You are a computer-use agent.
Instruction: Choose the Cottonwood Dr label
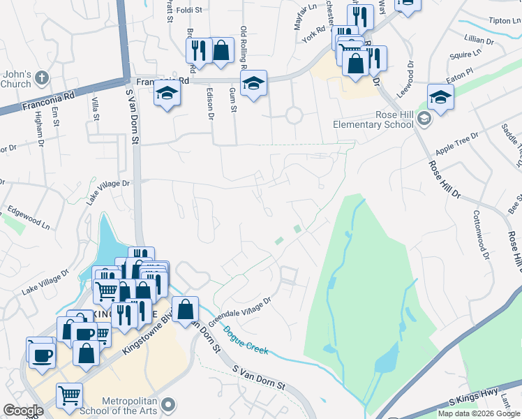pyautogui.click(x=482, y=235)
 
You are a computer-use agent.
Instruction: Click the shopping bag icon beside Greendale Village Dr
pyautogui.click(x=186, y=309)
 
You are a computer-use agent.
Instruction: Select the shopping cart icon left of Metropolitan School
pyautogui.click(x=69, y=396)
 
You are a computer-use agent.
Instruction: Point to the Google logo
pyautogui.click(x=23, y=411)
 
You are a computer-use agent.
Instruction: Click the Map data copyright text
pyautogui.click(x=479, y=413)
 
